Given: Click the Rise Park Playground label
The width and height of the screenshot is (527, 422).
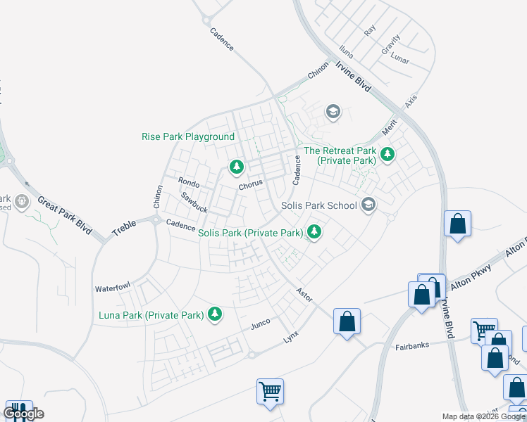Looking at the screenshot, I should (188, 136).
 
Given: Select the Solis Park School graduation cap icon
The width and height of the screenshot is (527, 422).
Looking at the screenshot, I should (367, 205).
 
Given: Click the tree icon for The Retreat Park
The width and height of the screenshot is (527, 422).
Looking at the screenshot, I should (386, 154).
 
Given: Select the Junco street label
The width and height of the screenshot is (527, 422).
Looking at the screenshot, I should (260, 325).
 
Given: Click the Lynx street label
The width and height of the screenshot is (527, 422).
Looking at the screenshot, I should (291, 338).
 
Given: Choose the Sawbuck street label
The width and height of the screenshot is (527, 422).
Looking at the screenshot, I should (194, 203).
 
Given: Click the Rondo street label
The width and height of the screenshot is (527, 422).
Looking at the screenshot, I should (189, 183).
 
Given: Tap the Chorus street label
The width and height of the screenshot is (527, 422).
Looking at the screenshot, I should (250, 185).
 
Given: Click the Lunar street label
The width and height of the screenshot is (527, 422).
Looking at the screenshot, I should (399, 56).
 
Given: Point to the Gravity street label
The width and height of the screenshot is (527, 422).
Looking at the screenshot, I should (390, 44).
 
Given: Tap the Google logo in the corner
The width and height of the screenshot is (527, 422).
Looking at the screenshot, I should (23, 414).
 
